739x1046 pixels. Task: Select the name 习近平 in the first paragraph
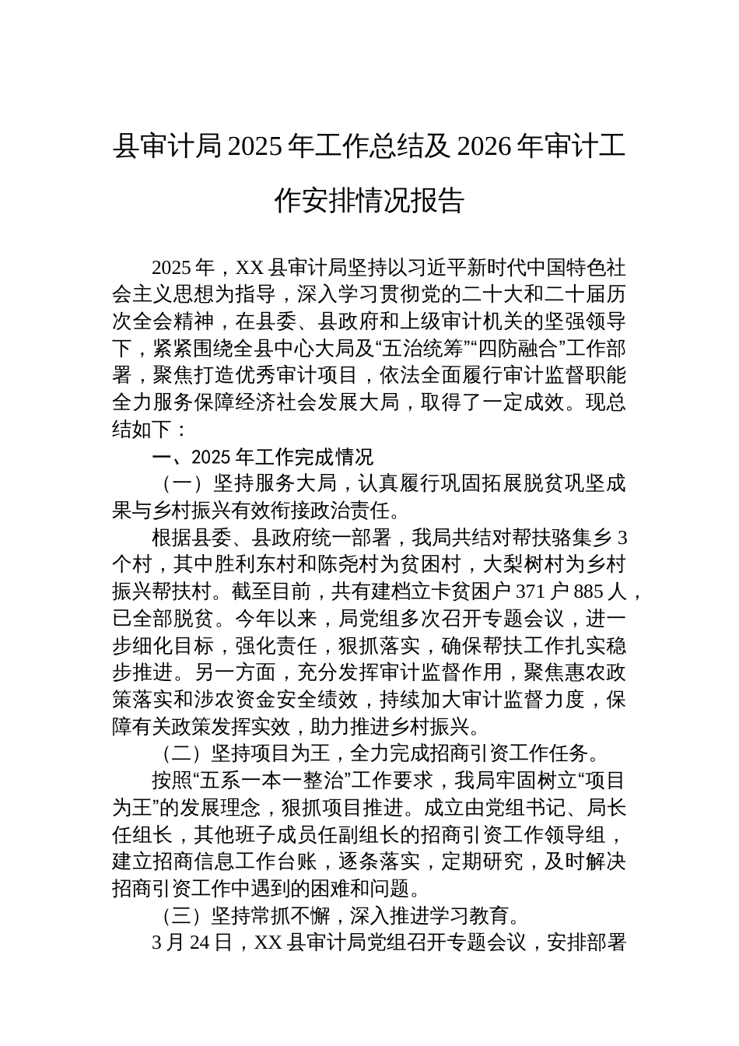pos(366,269)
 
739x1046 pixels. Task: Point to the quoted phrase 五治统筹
pos(412,349)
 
